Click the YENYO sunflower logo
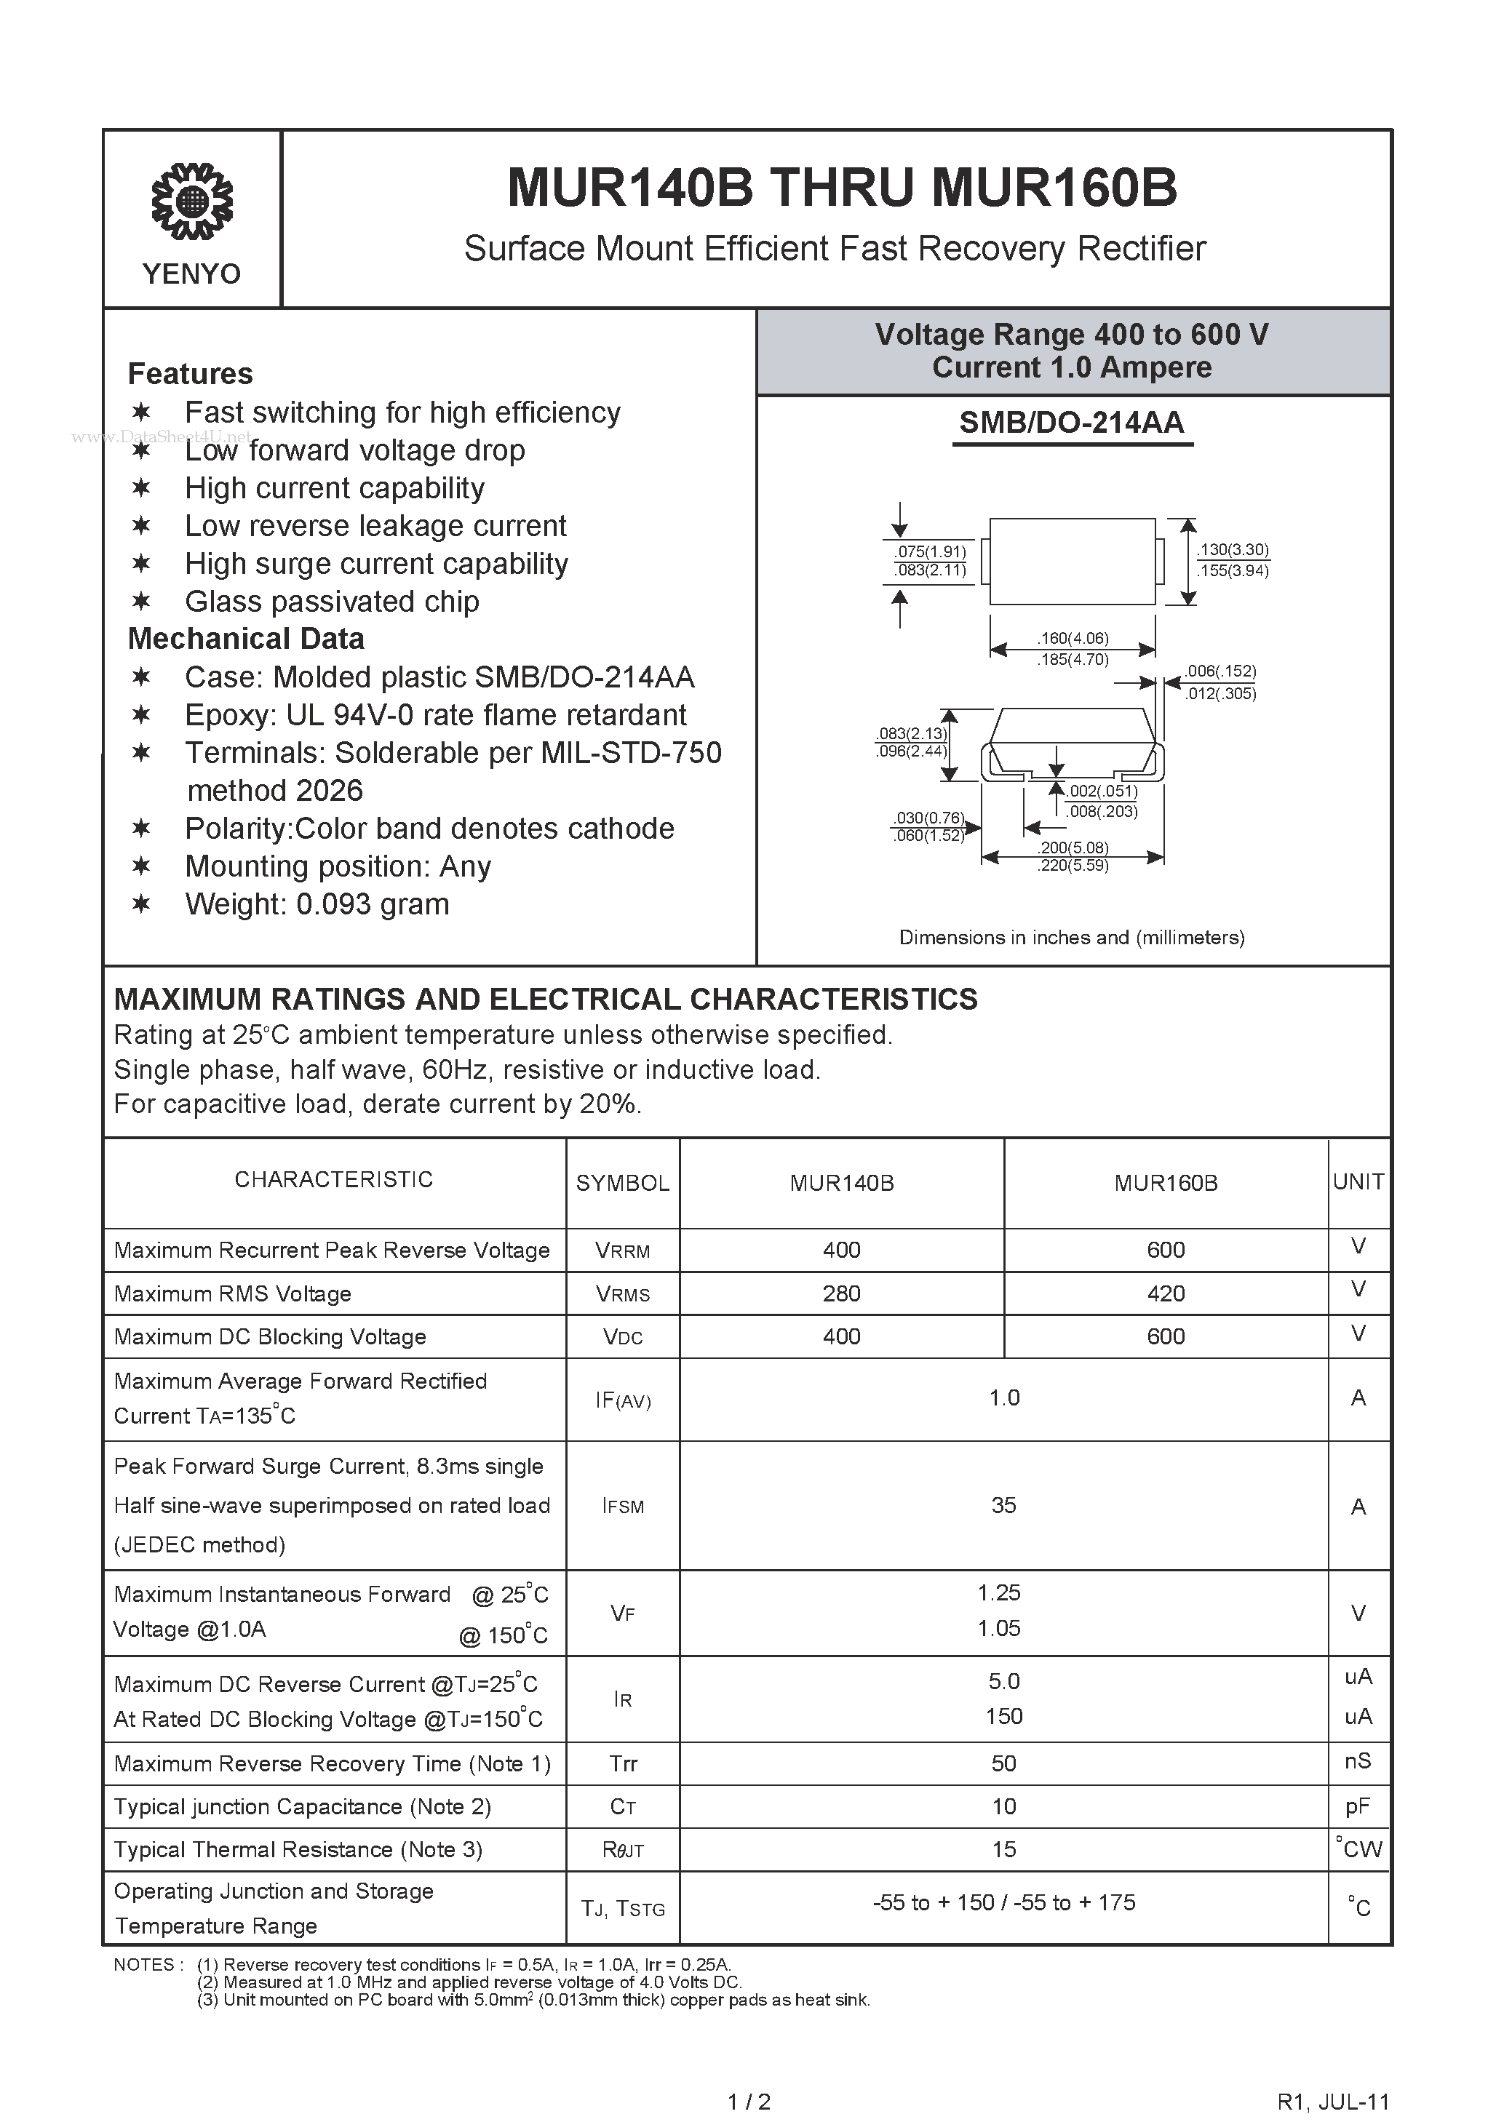pyautogui.click(x=191, y=201)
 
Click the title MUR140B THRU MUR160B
pyautogui.click(x=841, y=188)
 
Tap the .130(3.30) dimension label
pyautogui.click(x=1233, y=550)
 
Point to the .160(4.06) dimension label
pyautogui.click(x=1073, y=638)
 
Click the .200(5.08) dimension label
pyautogui.click(x=1073, y=847)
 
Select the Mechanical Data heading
pyautogui.click(x=246, y=639)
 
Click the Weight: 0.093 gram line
pyautogui.click(x=317, y=904)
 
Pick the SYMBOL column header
pyautogui.click(x=622, y=1183)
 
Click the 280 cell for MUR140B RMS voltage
pyautogui.click(x=841, y=1293)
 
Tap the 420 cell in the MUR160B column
pyautogui.click(x=1165, y=1293)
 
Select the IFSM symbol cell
pyautogui.click(x=622, y=1506)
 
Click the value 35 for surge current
pyautogui.click(x=1003, y=1504)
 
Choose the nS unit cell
pyautogui.click(x=1357, y=1760)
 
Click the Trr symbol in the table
pyautogui.click(x=623, y=1763)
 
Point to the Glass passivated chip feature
pyautogui.click(x=331, y=602)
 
